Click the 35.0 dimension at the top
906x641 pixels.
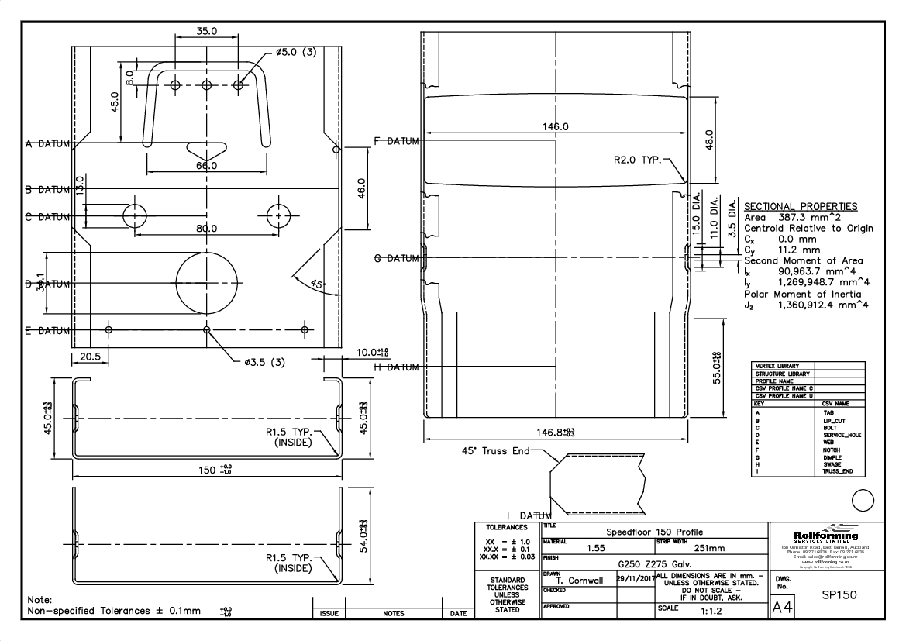coord(207,32)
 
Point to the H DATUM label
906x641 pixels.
coord(397,367)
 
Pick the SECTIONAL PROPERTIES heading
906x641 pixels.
coord(800,207)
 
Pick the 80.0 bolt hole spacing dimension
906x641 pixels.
coord(206,229)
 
